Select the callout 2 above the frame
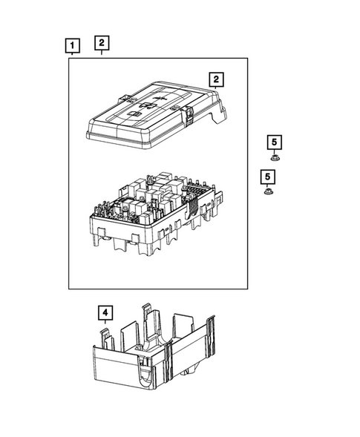pos(102,42)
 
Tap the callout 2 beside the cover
pos(215,79)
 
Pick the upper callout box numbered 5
pos(274,142)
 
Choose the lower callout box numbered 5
pos(266,177)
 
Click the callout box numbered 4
pos(105,314)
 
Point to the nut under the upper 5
pos(274,157)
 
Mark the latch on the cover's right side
pos(190,114)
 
